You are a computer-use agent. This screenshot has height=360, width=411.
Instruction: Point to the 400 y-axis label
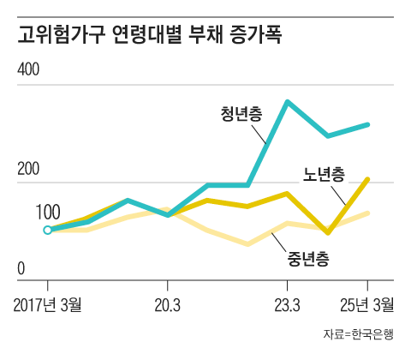(30, 71)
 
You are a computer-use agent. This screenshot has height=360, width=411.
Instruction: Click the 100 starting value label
(48, 211)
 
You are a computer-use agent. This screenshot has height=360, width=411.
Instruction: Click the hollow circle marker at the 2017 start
(47, 230)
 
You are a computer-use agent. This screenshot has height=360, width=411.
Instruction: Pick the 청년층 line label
(241, 114)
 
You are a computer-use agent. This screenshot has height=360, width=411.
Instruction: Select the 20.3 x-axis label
(167, 306)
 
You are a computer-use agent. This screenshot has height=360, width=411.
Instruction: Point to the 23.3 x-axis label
(286, 306)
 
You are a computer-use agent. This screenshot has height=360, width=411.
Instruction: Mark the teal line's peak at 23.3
(287, 102)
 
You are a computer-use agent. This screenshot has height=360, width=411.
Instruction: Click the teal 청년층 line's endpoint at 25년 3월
(367, 125)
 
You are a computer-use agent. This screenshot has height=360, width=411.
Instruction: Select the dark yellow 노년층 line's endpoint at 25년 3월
(367, 179)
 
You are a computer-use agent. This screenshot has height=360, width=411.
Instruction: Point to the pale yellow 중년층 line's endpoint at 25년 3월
(367, 213)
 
